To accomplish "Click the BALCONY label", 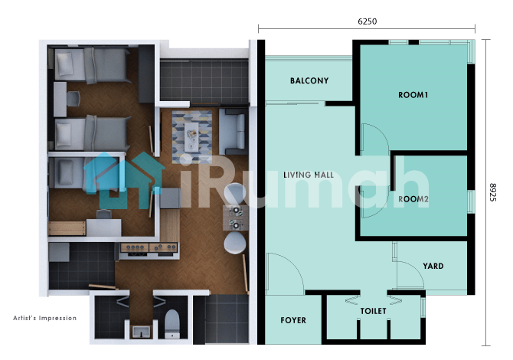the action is pyautogui.click(x=309, y=80).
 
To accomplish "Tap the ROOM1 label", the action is pyautogui.click(x=413, y=95).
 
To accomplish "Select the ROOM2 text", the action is pyautogui.click(x=413, y=199).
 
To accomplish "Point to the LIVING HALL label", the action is pyautogui.click(x=309, y=175).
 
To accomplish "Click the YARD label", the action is pyautogui.click(x=433, y=266).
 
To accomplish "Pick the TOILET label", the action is pyautogui.click(x=374, y=311).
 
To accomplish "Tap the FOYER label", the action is pyautogui.click(x=293, y=320).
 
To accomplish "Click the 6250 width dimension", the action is pyautogui.click(x=367, y=21).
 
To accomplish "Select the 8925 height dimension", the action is pyautogui.click(x=493, y=192).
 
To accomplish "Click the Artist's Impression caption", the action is pyautogui.click(x=45, y=318).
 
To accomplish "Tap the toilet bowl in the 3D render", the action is pyautogui.click(x=172, y=324).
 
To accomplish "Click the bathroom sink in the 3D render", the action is pyautogui.click(x=142, y=332).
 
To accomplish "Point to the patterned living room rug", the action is pyautogui.click(x=192, y=137).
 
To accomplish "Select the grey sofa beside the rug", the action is pyautogui.click(x=233, y=132).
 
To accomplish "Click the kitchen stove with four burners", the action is pyautogui.click(x=149, y=248).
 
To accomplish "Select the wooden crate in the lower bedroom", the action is pyautogui.click(x=67, y=228).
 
